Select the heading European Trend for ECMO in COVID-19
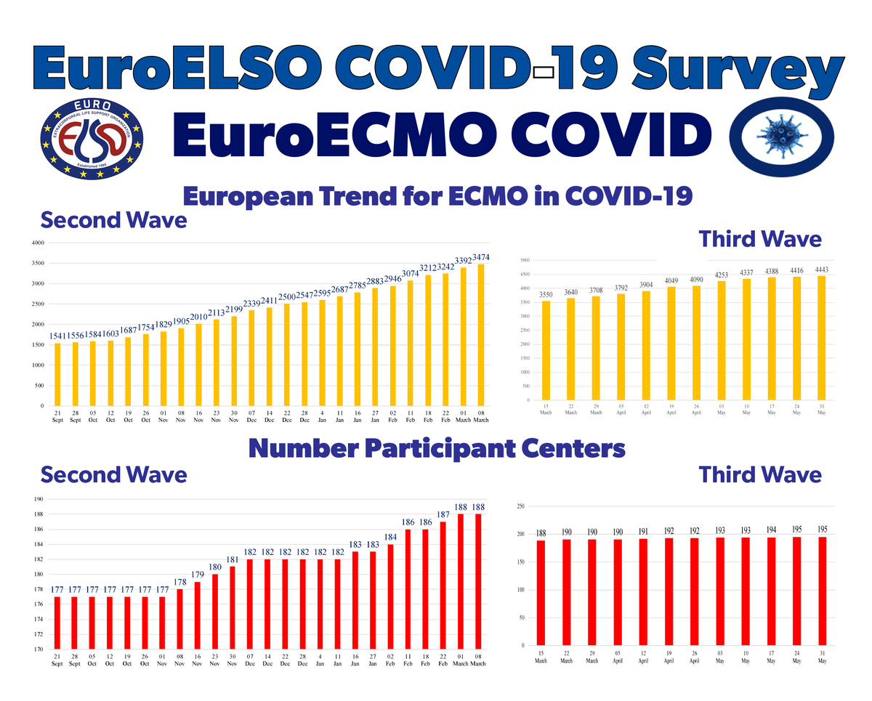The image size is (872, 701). point(436,195)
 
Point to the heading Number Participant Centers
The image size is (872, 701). point(436,448)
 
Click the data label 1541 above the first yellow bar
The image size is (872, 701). point(57,336)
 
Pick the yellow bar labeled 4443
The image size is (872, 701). point(822,338)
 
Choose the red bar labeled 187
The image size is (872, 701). point(443,585)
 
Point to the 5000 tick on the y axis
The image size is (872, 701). point(525,260)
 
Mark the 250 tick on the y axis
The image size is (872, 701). point(520,506)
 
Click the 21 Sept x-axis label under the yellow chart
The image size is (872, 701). point(57,416)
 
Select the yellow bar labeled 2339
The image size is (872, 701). point(251,357)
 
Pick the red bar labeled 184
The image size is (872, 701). point(391,596)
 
